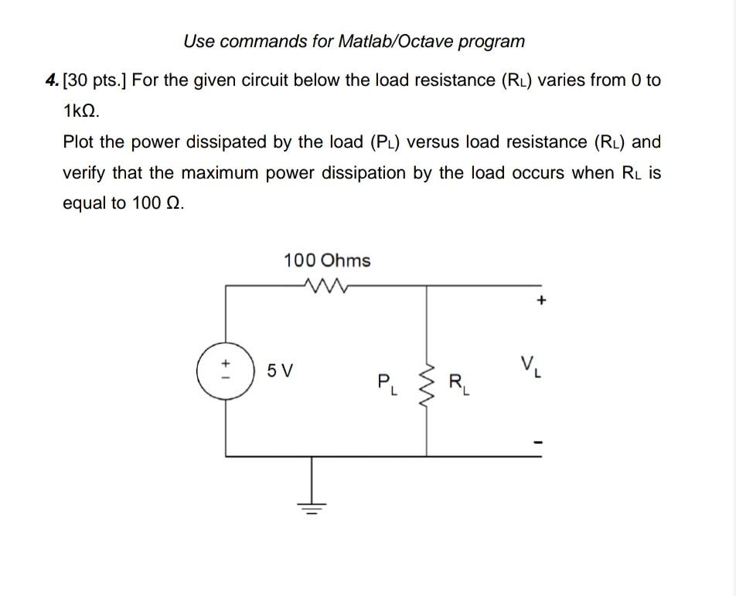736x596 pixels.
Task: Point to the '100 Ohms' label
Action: click(x=327, y=261)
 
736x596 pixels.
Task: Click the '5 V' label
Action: click(x=280, y=371)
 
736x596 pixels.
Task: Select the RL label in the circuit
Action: click(x=458, y=383)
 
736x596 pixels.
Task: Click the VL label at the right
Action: click(x=530, y=363)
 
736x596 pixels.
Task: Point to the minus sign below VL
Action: click(x=541, y=444)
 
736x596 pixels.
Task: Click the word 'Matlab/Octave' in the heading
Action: click(x=392, y=41)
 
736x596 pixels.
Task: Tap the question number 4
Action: click(x=51, y=80)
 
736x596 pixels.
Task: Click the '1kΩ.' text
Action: click(x=81, y=111)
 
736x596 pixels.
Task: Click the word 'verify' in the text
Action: click(x=86, y=173)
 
